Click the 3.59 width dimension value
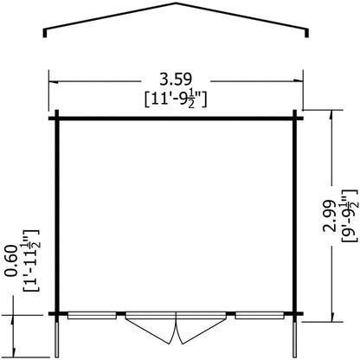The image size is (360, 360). tap(176, 80)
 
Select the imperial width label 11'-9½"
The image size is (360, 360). tap(176, 99)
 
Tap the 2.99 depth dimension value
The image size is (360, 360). tap(330, 215)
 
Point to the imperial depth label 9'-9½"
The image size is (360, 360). tap(350, 215)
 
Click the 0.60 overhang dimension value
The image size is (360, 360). tap(12, 260)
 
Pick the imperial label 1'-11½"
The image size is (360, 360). tap(31, 260)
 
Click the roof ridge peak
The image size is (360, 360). tap(176, 3)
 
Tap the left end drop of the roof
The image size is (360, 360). tap(45, 33)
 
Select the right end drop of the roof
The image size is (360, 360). tap(306, 33)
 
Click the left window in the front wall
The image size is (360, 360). tap(92, 316)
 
